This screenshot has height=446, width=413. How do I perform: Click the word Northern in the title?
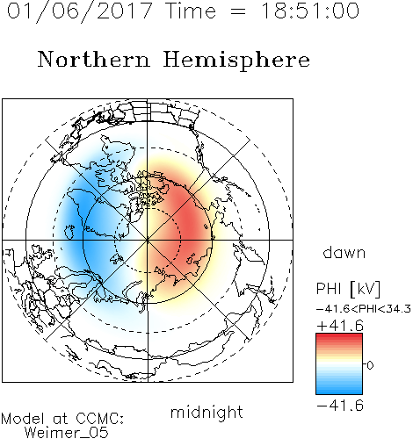coord(94,59)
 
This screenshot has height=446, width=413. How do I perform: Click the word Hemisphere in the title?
coord(236,61)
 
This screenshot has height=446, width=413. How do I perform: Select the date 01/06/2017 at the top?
coord(80,11)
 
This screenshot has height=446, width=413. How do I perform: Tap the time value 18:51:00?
coord(310,11)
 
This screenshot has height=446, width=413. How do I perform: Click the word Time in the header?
coord(191,11)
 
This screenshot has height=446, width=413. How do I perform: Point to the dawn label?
coord(344,252)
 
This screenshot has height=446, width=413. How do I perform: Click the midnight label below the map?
coord(206,413)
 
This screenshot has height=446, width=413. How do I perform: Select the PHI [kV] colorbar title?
coord(348,289)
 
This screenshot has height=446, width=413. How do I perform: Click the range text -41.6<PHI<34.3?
coord(364,309)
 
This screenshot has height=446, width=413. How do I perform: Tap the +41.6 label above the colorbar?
coord(340,326)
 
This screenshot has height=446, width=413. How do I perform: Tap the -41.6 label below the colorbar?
coord(340,406)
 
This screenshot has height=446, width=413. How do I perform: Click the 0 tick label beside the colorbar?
coord(370,365)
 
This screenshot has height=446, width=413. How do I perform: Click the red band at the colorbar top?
coord(339,337)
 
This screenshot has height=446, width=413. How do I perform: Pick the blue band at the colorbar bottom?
coord(339,391)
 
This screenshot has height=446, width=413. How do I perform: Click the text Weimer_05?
coord(67,433)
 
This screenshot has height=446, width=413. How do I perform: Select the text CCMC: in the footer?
coord(100,419)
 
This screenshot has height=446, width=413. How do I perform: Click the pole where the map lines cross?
coord(148,240)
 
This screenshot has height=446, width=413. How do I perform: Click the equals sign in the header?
coord(238,11)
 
